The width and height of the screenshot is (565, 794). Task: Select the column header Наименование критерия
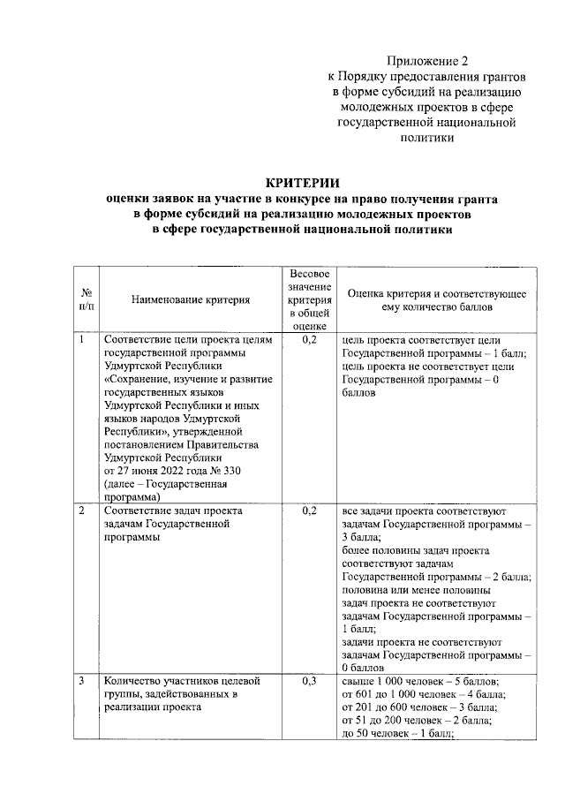tap(191, 300)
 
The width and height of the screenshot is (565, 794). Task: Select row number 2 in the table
tap(82, 510)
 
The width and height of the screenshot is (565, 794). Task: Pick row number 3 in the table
tap(82, 681)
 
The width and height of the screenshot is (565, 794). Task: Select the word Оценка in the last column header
tap(367, 293)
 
